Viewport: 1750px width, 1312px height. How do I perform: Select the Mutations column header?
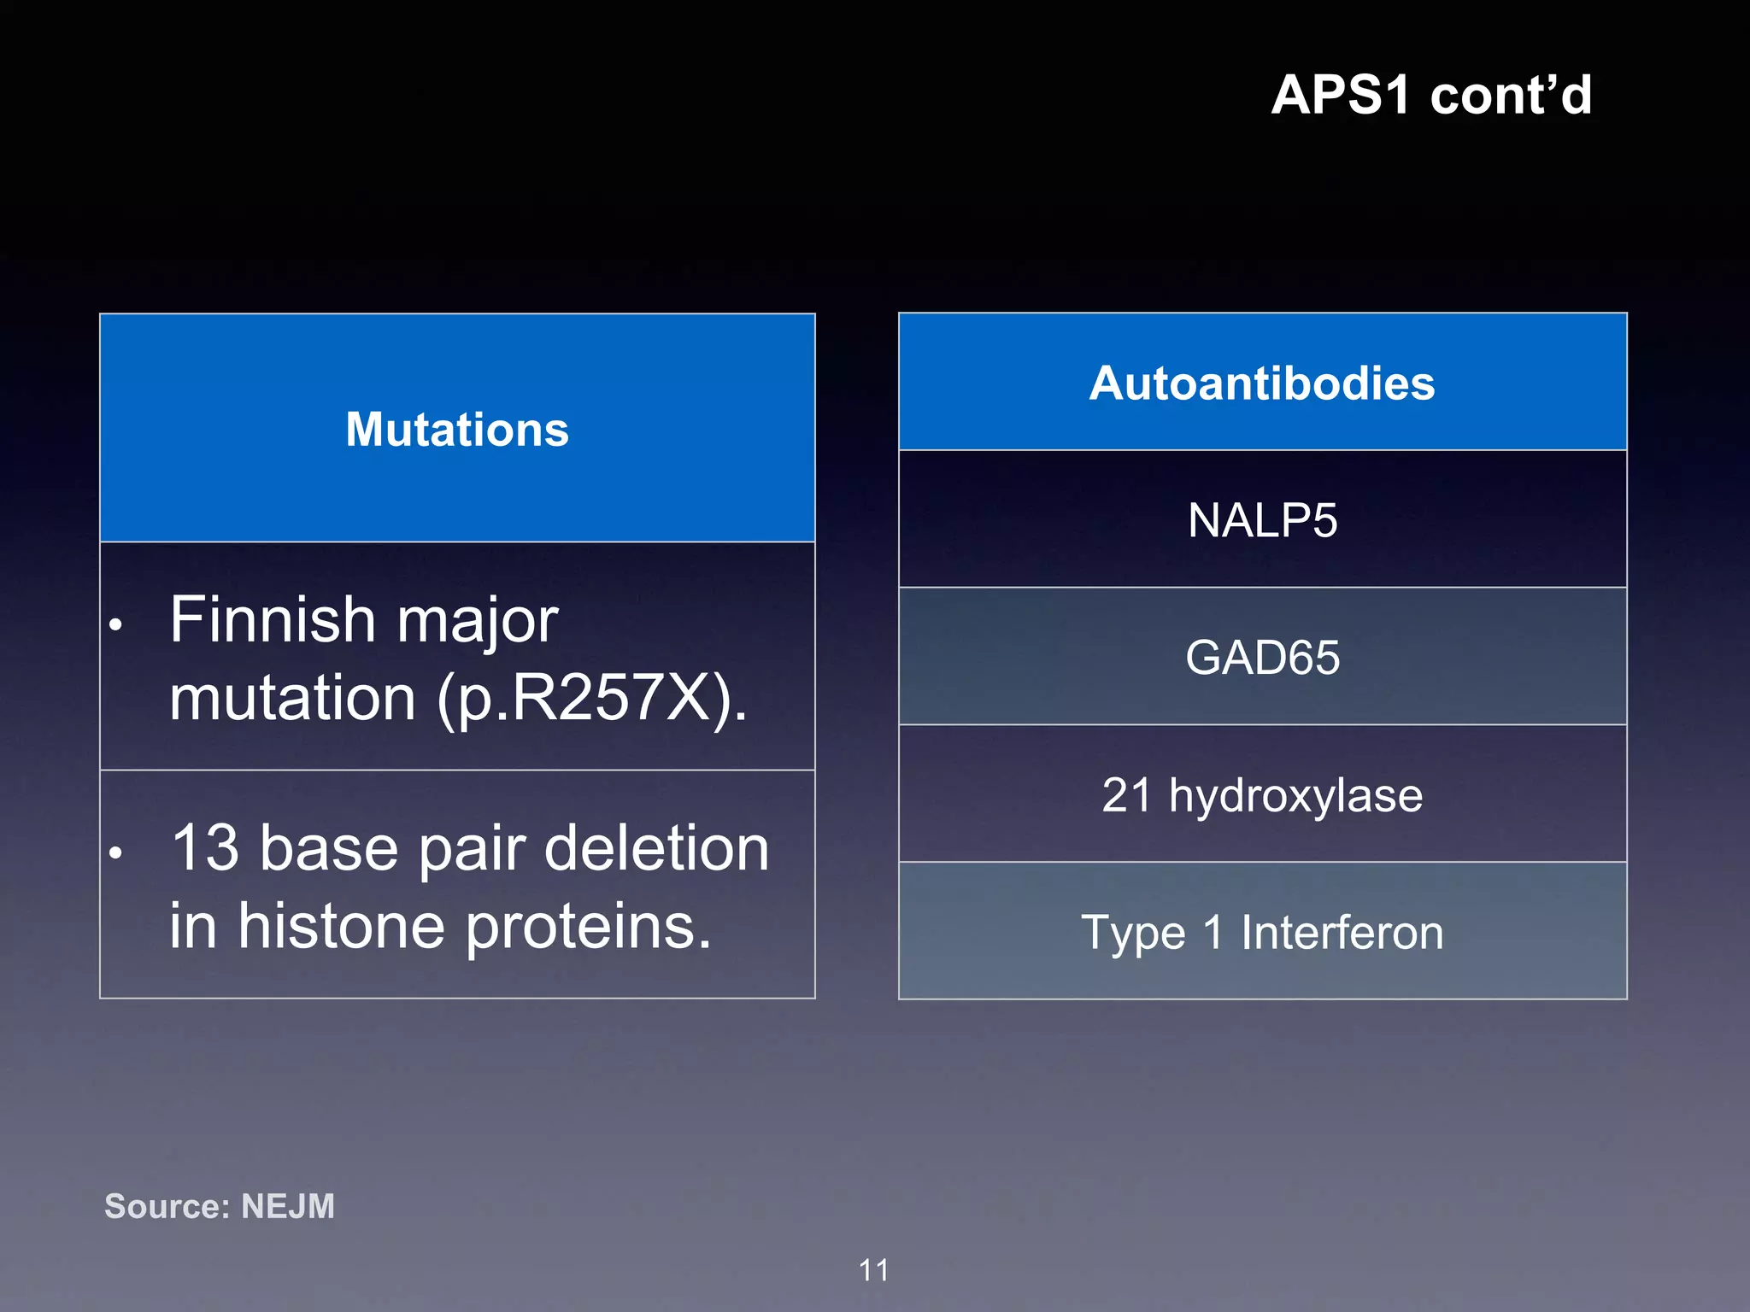457,429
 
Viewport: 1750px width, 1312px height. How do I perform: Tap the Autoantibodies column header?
1262,384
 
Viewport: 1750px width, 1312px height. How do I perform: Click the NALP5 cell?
1262,520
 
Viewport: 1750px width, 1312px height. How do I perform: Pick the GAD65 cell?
1262,658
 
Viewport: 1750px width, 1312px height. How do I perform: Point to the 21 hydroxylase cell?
1262,795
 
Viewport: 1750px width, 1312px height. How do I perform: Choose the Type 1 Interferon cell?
1262,932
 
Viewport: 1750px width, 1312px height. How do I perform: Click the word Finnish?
272,620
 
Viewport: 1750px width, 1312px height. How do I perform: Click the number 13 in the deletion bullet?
205,848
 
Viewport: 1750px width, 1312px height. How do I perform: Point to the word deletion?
656,848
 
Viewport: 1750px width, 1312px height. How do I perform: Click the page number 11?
873,1270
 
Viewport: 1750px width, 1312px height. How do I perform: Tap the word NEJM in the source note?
288,1206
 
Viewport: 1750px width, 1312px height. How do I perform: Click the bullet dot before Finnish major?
116,624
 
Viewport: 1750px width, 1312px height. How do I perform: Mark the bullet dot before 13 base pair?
116,852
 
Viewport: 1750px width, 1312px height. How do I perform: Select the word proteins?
589,927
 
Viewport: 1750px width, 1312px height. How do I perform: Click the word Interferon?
1342,932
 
